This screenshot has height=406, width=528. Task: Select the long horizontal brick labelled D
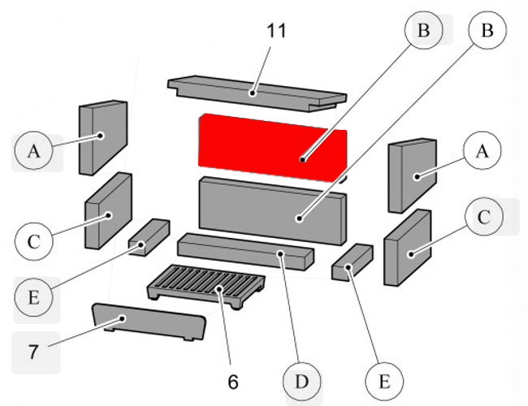[244, 252]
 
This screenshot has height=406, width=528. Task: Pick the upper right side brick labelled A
[413, 174]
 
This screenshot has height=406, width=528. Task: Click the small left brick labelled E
[147, 237]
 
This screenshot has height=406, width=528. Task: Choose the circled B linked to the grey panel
[487, 31]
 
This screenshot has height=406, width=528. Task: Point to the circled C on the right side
[484, 217]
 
